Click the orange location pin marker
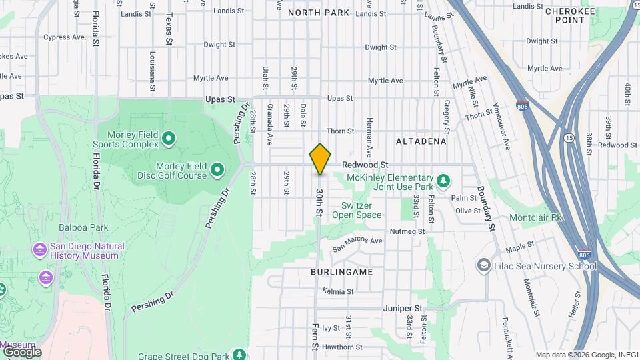pyautogui.click(x=320, y=159)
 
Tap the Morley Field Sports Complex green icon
pyautogui.click(x=169, y=139)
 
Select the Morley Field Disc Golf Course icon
pyautogui.click(x=217, y=171)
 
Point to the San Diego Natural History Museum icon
pyautogui.click(x=39, y=251)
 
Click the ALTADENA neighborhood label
pyautogui.click(x=421, y=141)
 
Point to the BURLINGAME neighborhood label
pyautogui.click(x=341, y=273)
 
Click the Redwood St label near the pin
pyautogui.click(x=365, y=164)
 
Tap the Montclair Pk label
pyautogui.click(x=536, y=218)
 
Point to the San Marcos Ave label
pyautogui.click(x=358, y=241)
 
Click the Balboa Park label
pyautogui.click(x=83, y=227)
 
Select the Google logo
pyautogui.click(x=22, y=351)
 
